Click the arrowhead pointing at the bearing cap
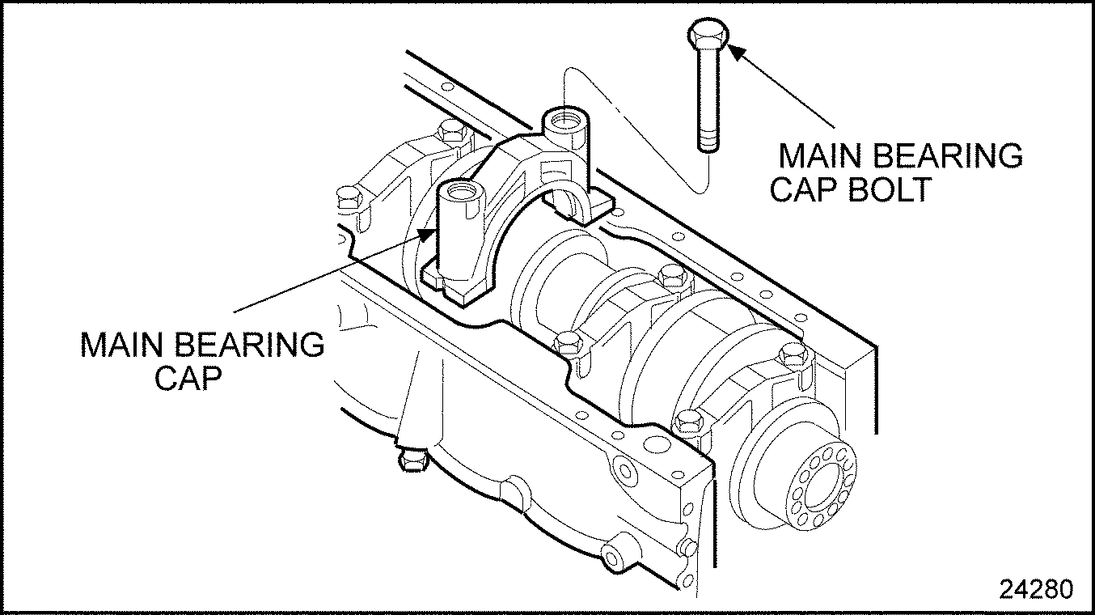tap(426, 235)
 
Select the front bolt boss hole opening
tap(458, 193)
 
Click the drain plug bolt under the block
tap(412, 460)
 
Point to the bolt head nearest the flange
tap(687, 422)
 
